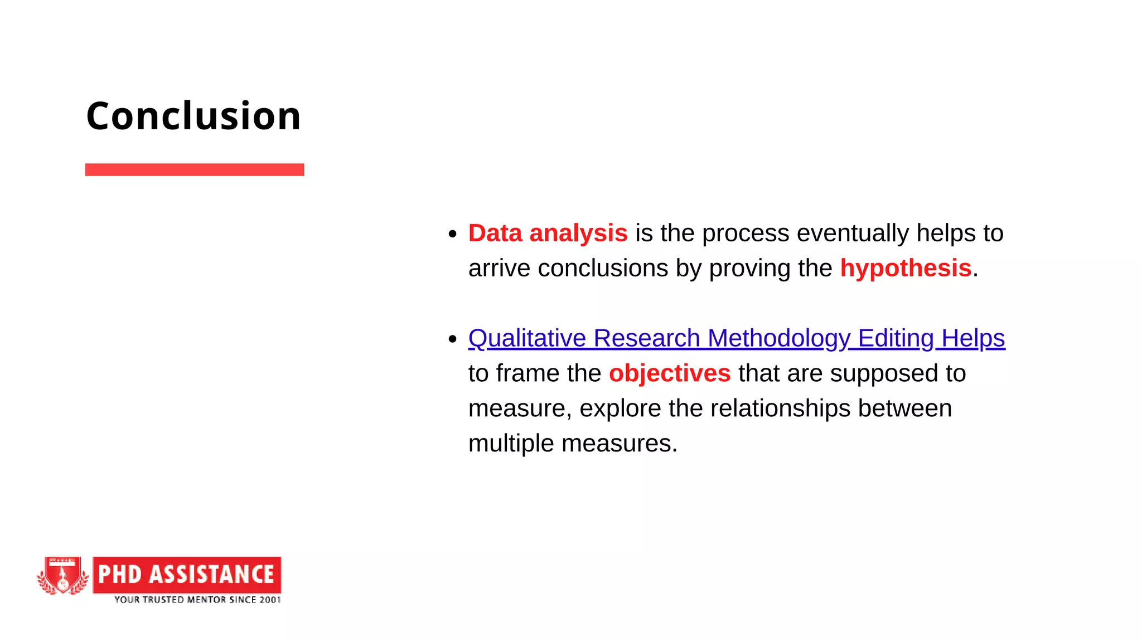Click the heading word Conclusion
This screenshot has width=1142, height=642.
(x=193, y=116)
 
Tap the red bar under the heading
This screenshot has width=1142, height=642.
(x=194, y=169)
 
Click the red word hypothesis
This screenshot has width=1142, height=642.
(x=906, y=268)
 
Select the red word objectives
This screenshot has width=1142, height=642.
(x=669, y=373)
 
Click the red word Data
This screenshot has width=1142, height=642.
(x=495, y=233)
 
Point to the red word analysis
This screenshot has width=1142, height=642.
(x=578, y=233)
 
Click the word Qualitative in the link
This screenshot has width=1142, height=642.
(x=527, y=338)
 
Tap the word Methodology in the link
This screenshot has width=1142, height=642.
(x=779, y=338)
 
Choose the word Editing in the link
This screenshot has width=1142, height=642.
(x=896, y=338)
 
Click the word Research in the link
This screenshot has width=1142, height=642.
(x=646, y=338)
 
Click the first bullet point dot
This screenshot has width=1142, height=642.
(x=453, y=234)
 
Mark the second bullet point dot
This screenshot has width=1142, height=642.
(x=453, y=339)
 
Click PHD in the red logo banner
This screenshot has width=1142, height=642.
(x=119, y=575)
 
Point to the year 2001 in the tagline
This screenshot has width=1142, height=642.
(x=270, y=600)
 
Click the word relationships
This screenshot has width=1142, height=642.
(x=780, y=408)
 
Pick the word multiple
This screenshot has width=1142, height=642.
(x=511, y=444)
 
